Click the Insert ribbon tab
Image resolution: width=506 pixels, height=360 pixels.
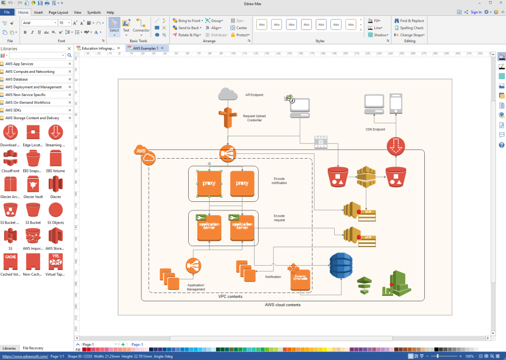(x=38, y=12)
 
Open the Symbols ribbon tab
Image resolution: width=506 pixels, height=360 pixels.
(x=94, y=12)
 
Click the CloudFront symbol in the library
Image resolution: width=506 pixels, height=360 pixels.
(x=11, y=158)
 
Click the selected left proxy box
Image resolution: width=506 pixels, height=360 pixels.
(x=209, y=183)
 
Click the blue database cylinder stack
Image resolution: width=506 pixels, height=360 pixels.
(x=340, y=266)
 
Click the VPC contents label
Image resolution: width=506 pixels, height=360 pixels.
(x=230, y=297)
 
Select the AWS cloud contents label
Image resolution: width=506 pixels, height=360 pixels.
(x=283, y=305)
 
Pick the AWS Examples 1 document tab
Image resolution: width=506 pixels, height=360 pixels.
(x=145, y=48)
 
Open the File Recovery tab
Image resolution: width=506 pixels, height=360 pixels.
(x=33, y=348)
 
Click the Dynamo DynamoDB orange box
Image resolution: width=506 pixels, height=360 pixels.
(x=300, y=279)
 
